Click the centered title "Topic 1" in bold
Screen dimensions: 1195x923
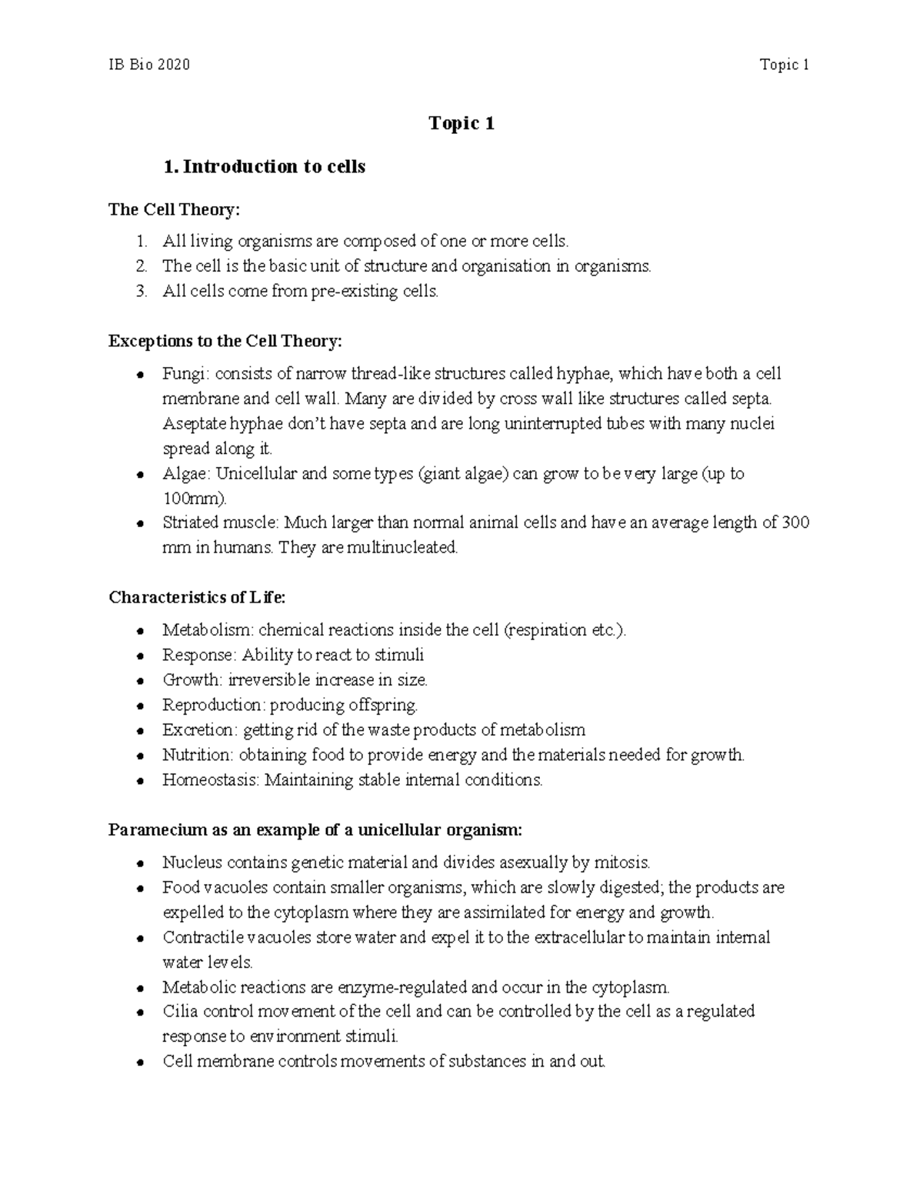(461, 123)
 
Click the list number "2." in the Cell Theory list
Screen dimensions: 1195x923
(141, 266)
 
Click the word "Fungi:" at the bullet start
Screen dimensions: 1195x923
(185, 374)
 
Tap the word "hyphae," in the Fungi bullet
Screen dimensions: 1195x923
(583, 374)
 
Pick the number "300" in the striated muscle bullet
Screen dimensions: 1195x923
(795, 523)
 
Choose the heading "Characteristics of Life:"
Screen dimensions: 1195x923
(197, 597)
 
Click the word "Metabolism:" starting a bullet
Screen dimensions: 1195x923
(208, 630)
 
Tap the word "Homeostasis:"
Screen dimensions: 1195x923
(211, 780)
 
